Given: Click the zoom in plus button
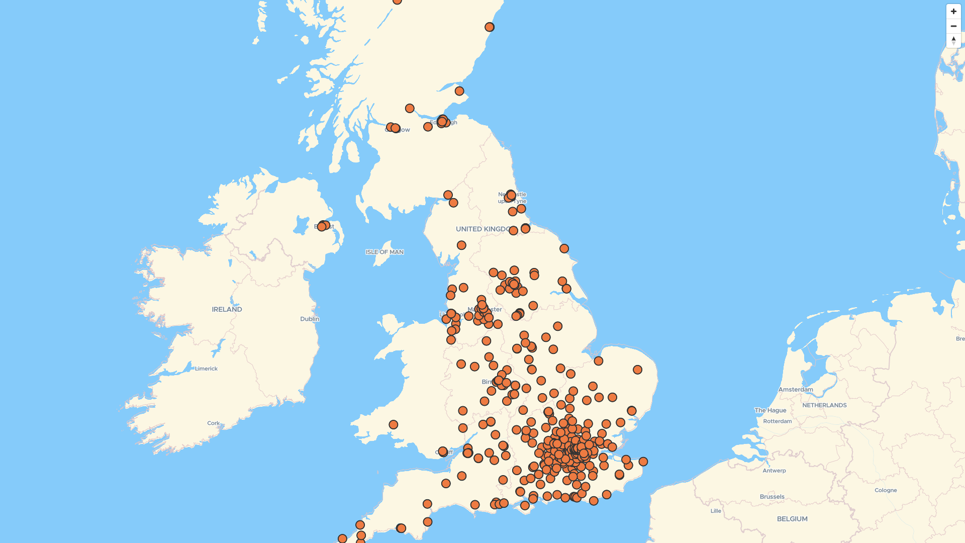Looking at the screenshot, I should (x=953, y=12).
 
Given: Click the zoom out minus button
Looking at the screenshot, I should (x=953, y=26).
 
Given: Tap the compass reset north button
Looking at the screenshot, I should (x=953, y=41).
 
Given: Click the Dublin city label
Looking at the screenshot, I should (x=310, y=319).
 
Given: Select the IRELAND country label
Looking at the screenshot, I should (x=227, y=309).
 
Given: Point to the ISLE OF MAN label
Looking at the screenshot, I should (x=384, y=252).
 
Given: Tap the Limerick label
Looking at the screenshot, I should (x=206, y=369).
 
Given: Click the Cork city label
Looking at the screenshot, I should (x=214, y=423).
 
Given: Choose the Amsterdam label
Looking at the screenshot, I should (x=796, y=389).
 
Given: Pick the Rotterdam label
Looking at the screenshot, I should (x=777, y=421).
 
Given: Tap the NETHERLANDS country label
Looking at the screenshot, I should (x=824, y=405).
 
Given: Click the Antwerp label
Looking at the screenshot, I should (x=774, y=471).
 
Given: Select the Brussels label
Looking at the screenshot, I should (x=772, y=497).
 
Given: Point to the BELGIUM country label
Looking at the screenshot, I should (x=792, y=519).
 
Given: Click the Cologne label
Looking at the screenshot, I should (x=886, y=490).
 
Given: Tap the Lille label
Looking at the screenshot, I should (x=716, y=511).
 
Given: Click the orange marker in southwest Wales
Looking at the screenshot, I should (x=394, y=425).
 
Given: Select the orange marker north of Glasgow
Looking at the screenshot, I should (x=410, y=109).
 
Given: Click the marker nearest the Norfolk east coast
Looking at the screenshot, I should (x=637, y=370).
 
